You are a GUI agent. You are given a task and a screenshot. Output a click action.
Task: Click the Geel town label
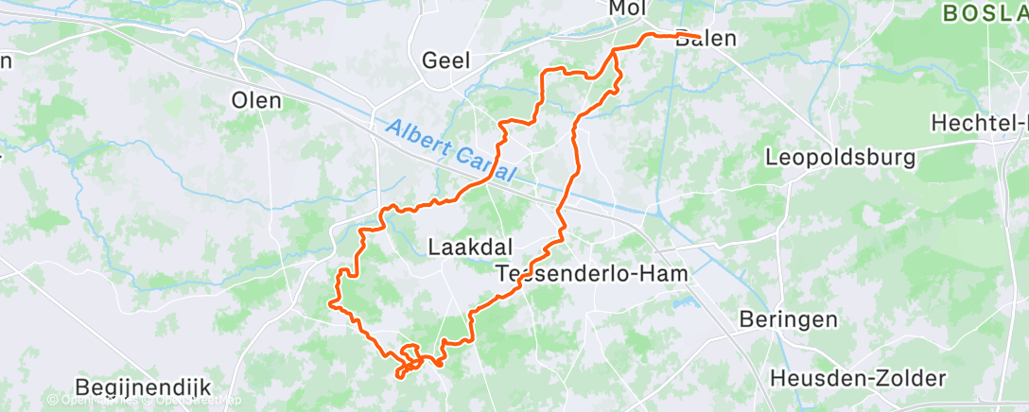447,60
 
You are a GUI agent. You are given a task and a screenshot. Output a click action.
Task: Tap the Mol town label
627,9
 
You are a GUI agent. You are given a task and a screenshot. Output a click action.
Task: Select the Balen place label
704,40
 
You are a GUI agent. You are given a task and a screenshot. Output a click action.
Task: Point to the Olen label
256,100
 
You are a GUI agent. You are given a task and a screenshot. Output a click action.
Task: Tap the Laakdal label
471,248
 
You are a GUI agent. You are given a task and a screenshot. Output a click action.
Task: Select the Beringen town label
789,319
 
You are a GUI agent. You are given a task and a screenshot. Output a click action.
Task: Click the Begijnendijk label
143,386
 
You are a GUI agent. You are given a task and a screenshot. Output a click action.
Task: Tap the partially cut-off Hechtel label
979,123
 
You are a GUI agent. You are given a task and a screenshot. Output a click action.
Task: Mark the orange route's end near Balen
699,38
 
